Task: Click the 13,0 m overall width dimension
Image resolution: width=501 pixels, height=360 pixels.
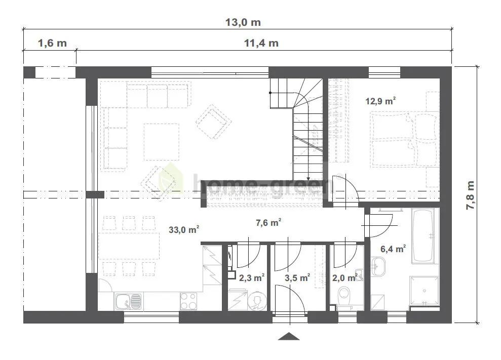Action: tap(243, 22)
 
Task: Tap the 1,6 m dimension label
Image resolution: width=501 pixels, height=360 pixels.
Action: tap(52, 43)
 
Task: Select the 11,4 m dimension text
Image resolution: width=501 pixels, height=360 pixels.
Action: tap(261, 43)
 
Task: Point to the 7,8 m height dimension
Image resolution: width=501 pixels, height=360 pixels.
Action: tap(470, 195)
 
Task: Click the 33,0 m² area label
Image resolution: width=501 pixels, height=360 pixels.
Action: tap(184, 229)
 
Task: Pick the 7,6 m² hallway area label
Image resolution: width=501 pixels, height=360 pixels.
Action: tap(268, 222)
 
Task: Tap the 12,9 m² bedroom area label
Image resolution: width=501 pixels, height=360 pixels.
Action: tap(380, 101)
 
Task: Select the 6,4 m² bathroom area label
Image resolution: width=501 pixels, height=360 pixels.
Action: tap(393, 249)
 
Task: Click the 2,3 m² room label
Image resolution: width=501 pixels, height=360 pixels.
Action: tap(252, 278)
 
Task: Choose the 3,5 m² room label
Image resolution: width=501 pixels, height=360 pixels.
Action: tap(297, 278)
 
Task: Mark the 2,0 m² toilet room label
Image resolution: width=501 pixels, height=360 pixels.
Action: tap(344, 278)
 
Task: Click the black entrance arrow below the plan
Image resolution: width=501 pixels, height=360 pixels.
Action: tap(289, 336)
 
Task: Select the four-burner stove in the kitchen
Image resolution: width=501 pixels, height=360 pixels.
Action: tap(188, 301)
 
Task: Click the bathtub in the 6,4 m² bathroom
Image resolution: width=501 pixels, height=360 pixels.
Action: tap(422, 236)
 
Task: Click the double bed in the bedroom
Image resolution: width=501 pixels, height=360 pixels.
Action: tap(404, 139)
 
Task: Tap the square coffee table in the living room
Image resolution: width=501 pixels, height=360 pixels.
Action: tap(162, 142)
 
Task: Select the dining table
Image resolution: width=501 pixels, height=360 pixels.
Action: tap(129, 246)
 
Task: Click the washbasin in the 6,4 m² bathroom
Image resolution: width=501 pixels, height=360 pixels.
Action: tap(378, 266)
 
